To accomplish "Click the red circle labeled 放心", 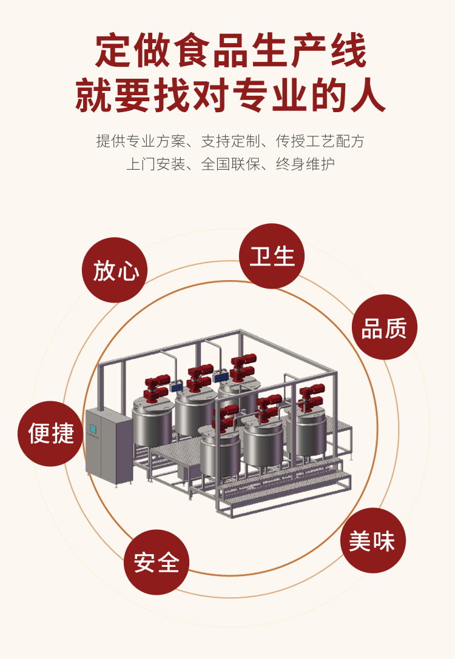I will point(115,270).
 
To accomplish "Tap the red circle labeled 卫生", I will point(272,256).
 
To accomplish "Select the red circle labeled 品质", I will point(385,327).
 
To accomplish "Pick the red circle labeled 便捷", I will point(50,433).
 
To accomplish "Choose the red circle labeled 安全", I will point(157,562).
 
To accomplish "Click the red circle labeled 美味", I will point(372,540).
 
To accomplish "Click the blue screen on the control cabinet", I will point(93,428).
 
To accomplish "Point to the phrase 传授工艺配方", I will point(320,141).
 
